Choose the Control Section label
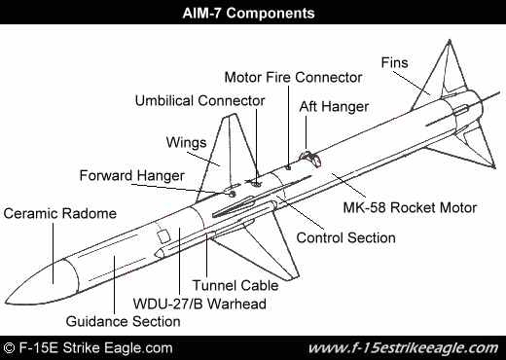tap(344, 237)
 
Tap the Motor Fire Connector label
tap(292, 76)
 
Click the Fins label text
tap(396, 61)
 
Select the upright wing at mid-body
tap(230, 146)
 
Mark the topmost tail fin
tap(448, 63)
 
